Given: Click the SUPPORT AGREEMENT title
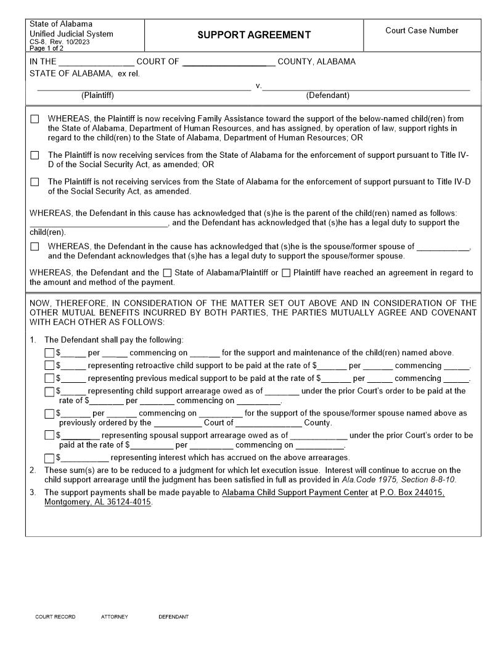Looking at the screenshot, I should [x=254, y=35].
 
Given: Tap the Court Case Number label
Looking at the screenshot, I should [x=422, y=30].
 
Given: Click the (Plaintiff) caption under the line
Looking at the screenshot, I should [x=97, y=96].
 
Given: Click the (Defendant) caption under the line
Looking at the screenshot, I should [x=327, y=96].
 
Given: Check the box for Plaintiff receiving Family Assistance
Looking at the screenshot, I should [x=35, y=119].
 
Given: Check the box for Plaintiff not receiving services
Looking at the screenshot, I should [x=35, y=182].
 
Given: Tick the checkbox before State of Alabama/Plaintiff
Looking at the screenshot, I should [x=167, y=273].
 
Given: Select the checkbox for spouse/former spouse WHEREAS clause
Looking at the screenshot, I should [x=35, y=247].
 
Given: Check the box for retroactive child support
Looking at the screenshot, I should [x=49, y=366].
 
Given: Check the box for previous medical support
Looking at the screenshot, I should [x=49, y=379].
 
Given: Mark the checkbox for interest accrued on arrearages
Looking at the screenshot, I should [x=49, y=458].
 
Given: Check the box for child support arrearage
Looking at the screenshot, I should [x=49, y=391].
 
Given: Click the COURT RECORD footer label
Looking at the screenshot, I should [x=55, y=617].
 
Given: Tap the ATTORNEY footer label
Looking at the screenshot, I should [x=115, y=617].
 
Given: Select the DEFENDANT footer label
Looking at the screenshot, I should [x=174, y=617].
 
